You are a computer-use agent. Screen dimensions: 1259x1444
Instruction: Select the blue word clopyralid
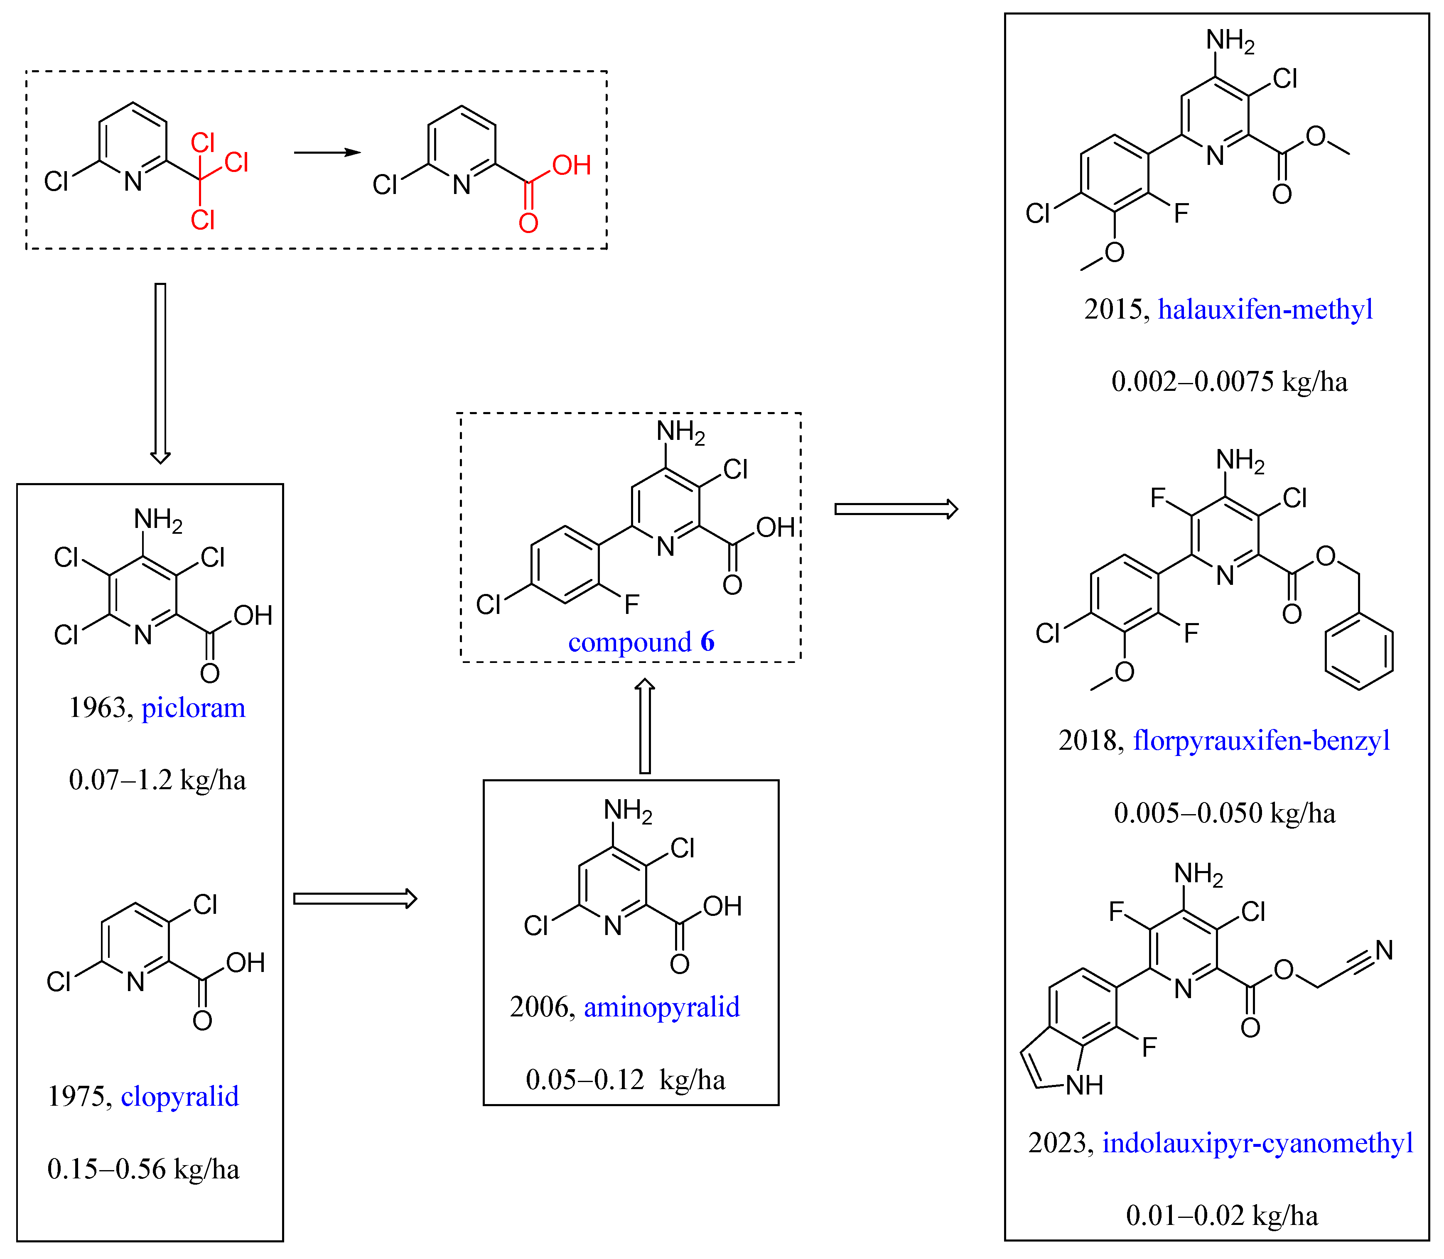pos(180,1096)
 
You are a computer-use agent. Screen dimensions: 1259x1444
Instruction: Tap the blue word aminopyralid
pos(661,1007)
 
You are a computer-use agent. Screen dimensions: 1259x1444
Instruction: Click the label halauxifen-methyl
pos(1265,309)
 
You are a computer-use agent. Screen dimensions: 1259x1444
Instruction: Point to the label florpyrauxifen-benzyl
pos(1261,741)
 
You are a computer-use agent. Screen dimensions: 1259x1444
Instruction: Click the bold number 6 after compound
pos(707,641)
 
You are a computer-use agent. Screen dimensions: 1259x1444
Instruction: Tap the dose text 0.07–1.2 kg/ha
pos(157,780)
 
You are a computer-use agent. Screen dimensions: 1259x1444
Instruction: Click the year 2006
pos(538,1007)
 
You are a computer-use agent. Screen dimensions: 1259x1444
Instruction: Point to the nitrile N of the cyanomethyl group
pos(1384,950)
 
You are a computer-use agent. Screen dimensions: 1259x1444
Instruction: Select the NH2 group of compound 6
pos(680,432)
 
